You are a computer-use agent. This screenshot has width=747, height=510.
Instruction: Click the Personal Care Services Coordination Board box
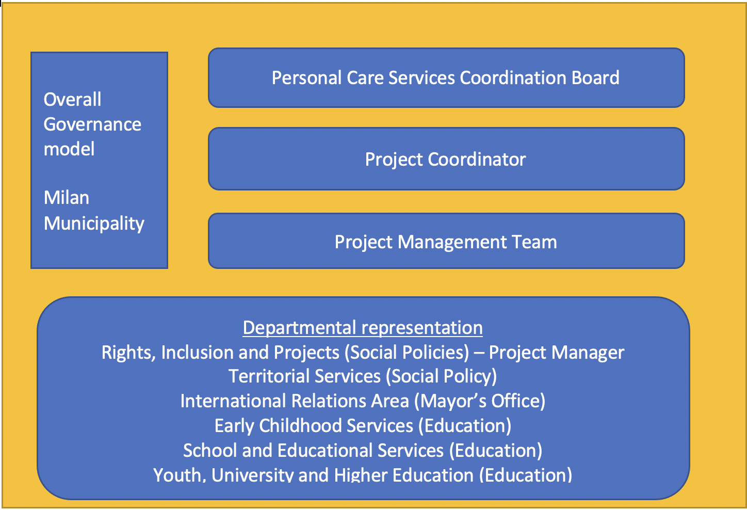click(x=446, y=78)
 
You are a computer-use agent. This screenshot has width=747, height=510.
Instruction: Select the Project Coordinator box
click(x=446, y=159)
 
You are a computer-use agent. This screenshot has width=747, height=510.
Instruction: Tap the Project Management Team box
click(x=446, y=241)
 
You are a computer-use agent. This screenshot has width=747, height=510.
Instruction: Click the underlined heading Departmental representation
click(x=363, y=328)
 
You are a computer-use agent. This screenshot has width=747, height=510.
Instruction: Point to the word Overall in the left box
click(x=72, y=100)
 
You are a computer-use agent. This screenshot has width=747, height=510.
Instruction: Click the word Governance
click(x=92, y=124)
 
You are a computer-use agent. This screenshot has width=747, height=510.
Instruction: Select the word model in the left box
click(x=69, y=149)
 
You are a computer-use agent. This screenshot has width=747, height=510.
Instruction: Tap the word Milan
click(x=67, y=198)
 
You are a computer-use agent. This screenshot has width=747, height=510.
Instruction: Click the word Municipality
click(x=94, y=224)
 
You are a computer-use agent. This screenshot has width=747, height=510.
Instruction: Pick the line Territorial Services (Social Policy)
click(x=363, y=376)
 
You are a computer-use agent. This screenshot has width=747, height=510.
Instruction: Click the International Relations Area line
click(x=363, y=401)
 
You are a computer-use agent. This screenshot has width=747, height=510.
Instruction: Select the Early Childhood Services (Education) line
click(x=363, y=426)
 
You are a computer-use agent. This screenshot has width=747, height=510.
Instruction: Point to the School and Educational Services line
click(x=363, y=451)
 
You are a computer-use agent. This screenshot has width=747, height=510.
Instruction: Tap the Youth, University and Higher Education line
click(x=363, y=474)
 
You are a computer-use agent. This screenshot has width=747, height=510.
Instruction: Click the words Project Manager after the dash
click(x=556, y=353)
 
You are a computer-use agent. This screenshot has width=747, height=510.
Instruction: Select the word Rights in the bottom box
click(x=128, y=353)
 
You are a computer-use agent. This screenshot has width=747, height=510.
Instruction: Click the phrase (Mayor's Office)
click(x=480, y=401)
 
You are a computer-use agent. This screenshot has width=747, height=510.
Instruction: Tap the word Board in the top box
click(x=595, y=78)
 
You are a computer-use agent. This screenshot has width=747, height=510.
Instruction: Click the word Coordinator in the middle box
click(x=477, y=159)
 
